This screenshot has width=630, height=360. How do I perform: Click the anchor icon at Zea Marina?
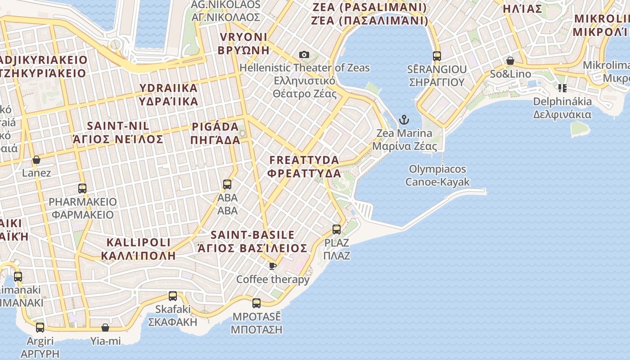404,120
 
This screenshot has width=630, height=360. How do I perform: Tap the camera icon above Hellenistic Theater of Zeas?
304,55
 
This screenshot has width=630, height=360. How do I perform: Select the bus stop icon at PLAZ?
337,229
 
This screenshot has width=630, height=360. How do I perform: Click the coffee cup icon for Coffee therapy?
273,266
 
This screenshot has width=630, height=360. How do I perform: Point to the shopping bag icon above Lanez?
36,160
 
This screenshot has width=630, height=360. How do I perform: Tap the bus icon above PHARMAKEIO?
82,188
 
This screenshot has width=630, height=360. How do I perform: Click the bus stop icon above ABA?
227,184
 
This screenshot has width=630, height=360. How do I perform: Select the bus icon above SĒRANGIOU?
436,56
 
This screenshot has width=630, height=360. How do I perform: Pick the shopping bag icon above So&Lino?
510,60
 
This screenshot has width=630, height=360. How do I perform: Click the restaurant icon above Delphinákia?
562,88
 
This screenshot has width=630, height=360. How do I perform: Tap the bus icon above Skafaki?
173,296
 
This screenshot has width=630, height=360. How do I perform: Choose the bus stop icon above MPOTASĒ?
256,303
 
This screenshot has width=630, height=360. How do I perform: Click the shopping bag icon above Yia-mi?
105,328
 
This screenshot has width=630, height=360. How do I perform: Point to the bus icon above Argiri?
40,327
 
